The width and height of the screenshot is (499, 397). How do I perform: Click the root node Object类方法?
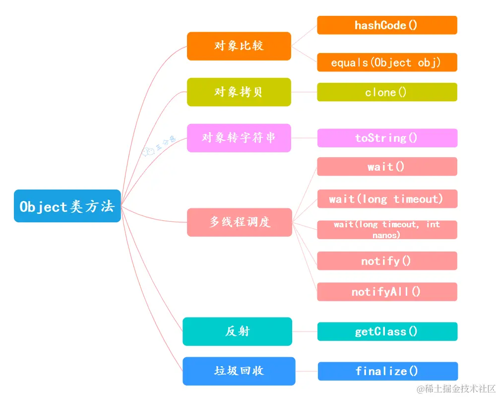67,206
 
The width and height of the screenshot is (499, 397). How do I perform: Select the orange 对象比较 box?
239,46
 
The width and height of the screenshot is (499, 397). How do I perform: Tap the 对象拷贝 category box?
239,92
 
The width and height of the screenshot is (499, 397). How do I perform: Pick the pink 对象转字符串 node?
239,137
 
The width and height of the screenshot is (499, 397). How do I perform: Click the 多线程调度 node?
239,222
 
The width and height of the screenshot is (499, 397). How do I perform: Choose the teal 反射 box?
237,331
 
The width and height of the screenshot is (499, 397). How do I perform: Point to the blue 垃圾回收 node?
239,371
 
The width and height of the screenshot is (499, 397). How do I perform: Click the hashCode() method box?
387,25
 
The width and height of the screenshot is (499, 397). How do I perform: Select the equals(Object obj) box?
387,63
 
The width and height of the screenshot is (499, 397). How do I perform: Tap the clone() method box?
387,92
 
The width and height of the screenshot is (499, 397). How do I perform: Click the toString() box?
387,138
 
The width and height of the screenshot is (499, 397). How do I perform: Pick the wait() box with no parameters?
387,167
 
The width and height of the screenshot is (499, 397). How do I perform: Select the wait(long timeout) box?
387,199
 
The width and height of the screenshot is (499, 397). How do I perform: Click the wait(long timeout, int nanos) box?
387,230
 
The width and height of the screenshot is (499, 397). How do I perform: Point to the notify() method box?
387,261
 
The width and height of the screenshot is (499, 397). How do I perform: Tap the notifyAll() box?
387,292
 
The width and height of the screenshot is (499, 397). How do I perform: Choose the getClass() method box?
387,331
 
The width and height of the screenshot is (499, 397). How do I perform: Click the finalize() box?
387,371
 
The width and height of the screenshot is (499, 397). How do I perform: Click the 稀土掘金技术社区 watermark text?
456,388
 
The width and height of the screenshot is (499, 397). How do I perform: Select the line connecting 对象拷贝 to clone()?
304,92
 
